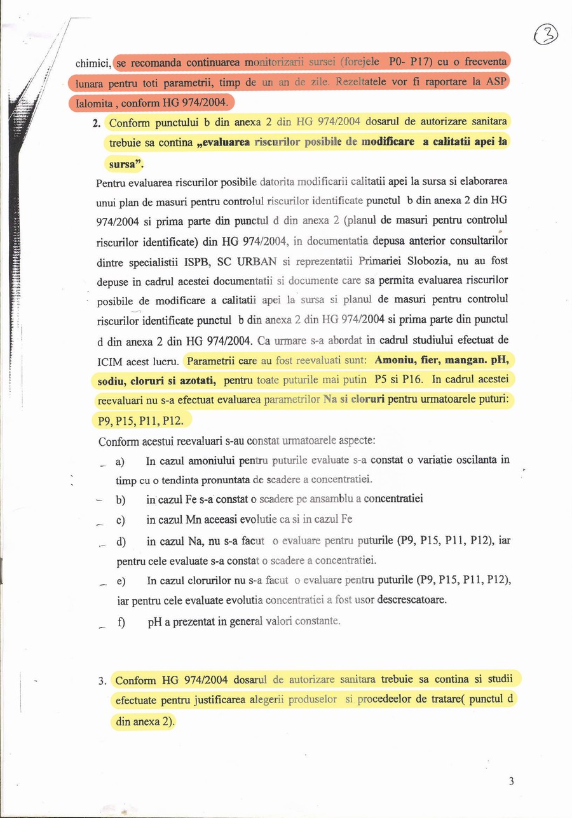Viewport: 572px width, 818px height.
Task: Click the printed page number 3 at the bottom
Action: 511,782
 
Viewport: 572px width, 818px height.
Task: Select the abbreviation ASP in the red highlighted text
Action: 496,83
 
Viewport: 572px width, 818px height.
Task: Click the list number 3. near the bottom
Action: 102,681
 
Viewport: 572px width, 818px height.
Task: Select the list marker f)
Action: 119,622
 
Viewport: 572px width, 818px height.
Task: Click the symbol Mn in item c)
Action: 193,520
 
